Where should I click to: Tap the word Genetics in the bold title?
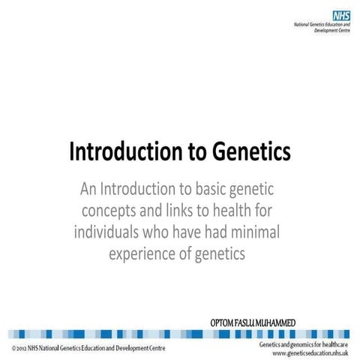[x=247, y=151]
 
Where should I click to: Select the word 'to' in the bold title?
[x=193, y=151]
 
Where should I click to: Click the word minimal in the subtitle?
[x=255, y=232]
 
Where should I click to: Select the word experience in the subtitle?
[x=142, y=253]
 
